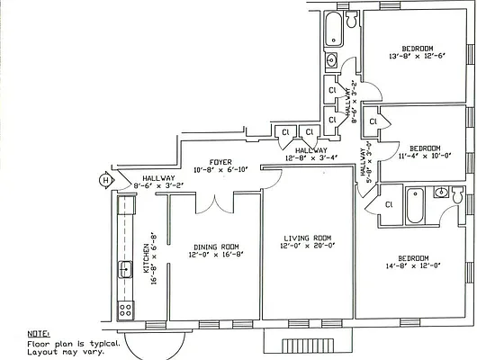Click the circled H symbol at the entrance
(x=105, y=180)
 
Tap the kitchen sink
(x=125, y=269)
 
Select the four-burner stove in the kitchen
(x=126, y=310)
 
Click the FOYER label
(x=220, y=162)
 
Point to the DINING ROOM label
(x=216, y=247)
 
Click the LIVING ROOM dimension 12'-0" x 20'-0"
(x=308, y=246)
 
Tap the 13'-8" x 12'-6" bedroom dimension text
(x=418, y=57)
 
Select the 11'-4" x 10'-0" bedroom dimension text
(x=425, y=156)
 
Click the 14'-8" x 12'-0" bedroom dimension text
(x=413, y=265)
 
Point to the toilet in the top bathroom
(x=352, y=19)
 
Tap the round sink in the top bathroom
(x=331, y=59)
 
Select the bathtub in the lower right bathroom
(x=415, y=206)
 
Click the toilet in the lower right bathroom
(x=457, y=194)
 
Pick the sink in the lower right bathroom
(x=441, y=193)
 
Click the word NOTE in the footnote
(x=39, y=334)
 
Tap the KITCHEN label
(x=147, y=258)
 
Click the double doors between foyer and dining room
(x=215, y=203)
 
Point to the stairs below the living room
(x=308, y=346)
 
